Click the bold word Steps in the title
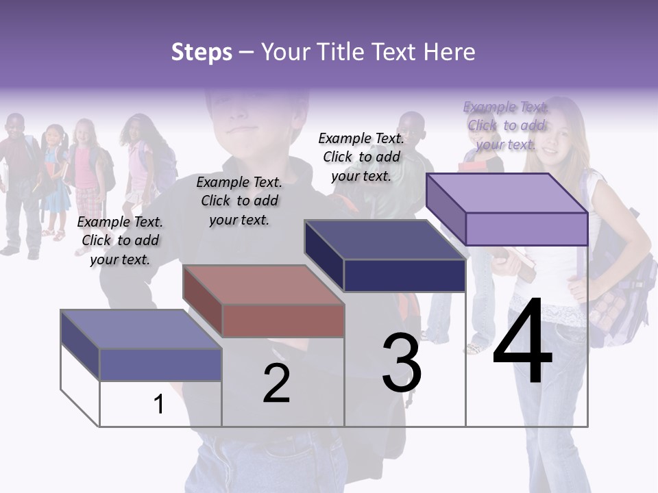[x=202, y=52]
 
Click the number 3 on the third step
[x=401, y=363]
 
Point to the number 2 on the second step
[x=276, y=383]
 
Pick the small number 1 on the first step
[x=159, y=405]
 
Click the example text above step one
[x=120, y=240]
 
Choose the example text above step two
[x=239, y=201]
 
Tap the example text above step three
[x=361, y=157]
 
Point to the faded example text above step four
[x=506, y=125]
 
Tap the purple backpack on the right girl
[x=617, y=288]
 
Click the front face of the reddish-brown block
[x=283, y=320]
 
